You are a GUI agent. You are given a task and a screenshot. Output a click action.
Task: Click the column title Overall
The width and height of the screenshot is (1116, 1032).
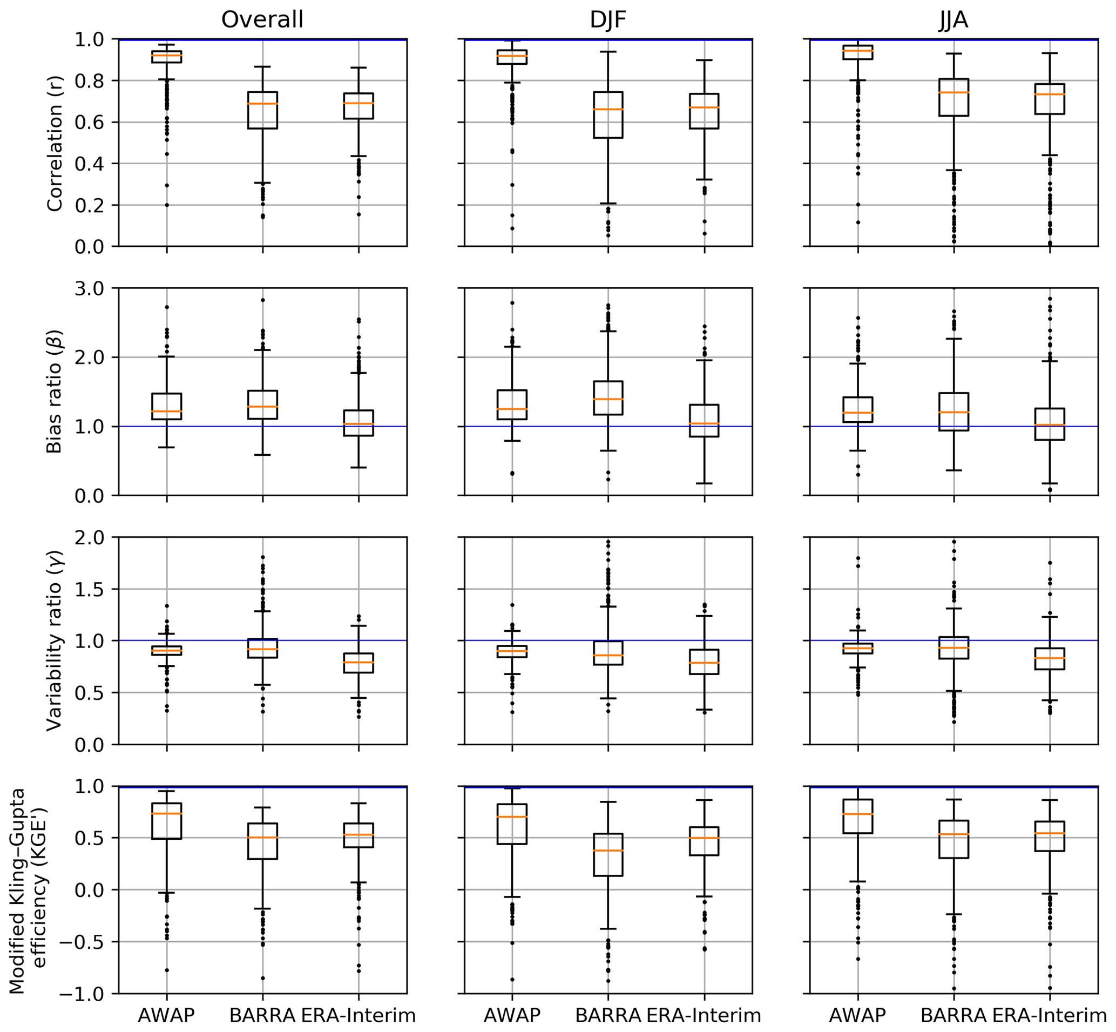(x=262, y=20)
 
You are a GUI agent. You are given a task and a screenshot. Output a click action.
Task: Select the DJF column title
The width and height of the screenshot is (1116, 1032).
(x=608, y=20)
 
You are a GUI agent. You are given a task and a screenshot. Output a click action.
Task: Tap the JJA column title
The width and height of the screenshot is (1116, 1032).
(x=953, y=20)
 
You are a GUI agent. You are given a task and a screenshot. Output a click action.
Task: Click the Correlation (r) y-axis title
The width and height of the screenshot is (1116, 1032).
(x=55, y=143)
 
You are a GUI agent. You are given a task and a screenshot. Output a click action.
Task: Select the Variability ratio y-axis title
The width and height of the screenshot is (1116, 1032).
(x=55, y=640)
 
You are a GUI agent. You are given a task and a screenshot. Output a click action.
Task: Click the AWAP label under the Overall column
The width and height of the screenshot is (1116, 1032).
(x=166, y=1015)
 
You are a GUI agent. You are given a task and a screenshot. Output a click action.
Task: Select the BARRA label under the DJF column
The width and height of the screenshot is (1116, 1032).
(x=608, y=1015)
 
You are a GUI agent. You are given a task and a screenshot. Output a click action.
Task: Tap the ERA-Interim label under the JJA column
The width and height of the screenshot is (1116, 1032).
(x=1050, y=1015)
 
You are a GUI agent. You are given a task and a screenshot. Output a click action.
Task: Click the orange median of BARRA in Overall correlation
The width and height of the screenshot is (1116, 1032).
(x=262, y=104)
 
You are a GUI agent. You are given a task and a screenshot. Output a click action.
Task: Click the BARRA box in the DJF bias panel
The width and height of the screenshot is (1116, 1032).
(x=608, y=397)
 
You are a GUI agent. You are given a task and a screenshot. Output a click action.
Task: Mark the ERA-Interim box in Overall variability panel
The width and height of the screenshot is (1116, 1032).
(x=359, y=663)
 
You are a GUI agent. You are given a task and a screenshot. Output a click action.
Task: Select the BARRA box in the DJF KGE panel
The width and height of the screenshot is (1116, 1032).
(x=608, y=854)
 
